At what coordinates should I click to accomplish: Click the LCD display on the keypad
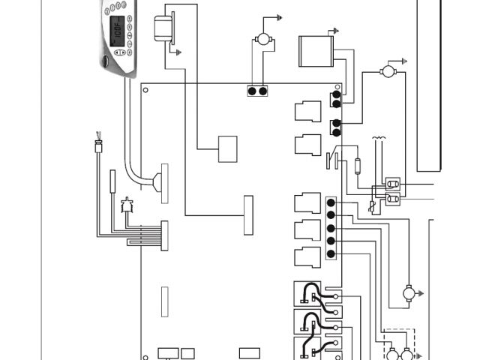[117, 31]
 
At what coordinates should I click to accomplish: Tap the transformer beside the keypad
[162, 29]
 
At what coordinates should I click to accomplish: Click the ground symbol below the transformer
[178, 52]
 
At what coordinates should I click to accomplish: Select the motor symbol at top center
[262, 38]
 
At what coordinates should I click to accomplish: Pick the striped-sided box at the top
[315, 50]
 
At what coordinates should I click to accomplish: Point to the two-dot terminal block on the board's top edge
[257, 91]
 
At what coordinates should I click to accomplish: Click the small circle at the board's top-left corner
[145, 90]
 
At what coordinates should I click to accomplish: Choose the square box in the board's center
[228, 148]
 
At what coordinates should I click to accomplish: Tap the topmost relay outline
[308, 111]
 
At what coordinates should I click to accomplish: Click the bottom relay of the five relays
[308, 256]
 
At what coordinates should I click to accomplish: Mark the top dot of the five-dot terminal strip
[331, 202]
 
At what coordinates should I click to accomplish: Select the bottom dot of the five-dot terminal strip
[331, 253]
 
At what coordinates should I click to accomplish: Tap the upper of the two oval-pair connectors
[391, 184]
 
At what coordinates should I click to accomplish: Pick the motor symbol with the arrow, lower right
[409, 292]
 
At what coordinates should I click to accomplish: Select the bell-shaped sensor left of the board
[126, 204]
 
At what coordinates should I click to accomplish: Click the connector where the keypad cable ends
[157, 183]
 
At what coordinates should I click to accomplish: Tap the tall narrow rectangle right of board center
[248, 215]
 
